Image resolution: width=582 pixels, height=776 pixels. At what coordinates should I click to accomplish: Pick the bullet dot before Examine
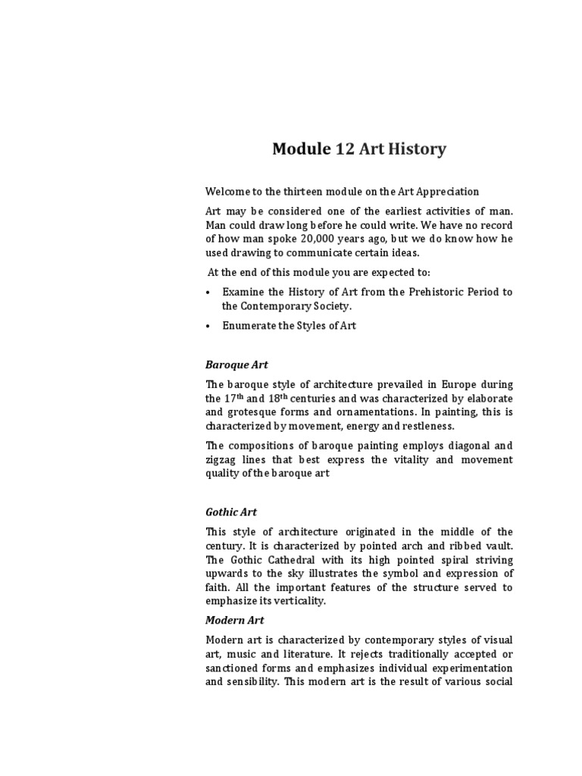coord(208,292)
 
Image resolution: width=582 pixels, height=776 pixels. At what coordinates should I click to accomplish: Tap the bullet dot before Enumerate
coord(208,326)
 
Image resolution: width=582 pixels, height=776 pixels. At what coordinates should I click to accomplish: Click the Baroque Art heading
coord(236,365)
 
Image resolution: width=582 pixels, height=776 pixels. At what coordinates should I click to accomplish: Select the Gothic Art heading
coord(231,512)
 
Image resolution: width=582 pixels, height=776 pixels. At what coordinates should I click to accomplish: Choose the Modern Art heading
coord(234,620)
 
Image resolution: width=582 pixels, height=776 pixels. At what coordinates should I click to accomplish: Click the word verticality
coord(299,601)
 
